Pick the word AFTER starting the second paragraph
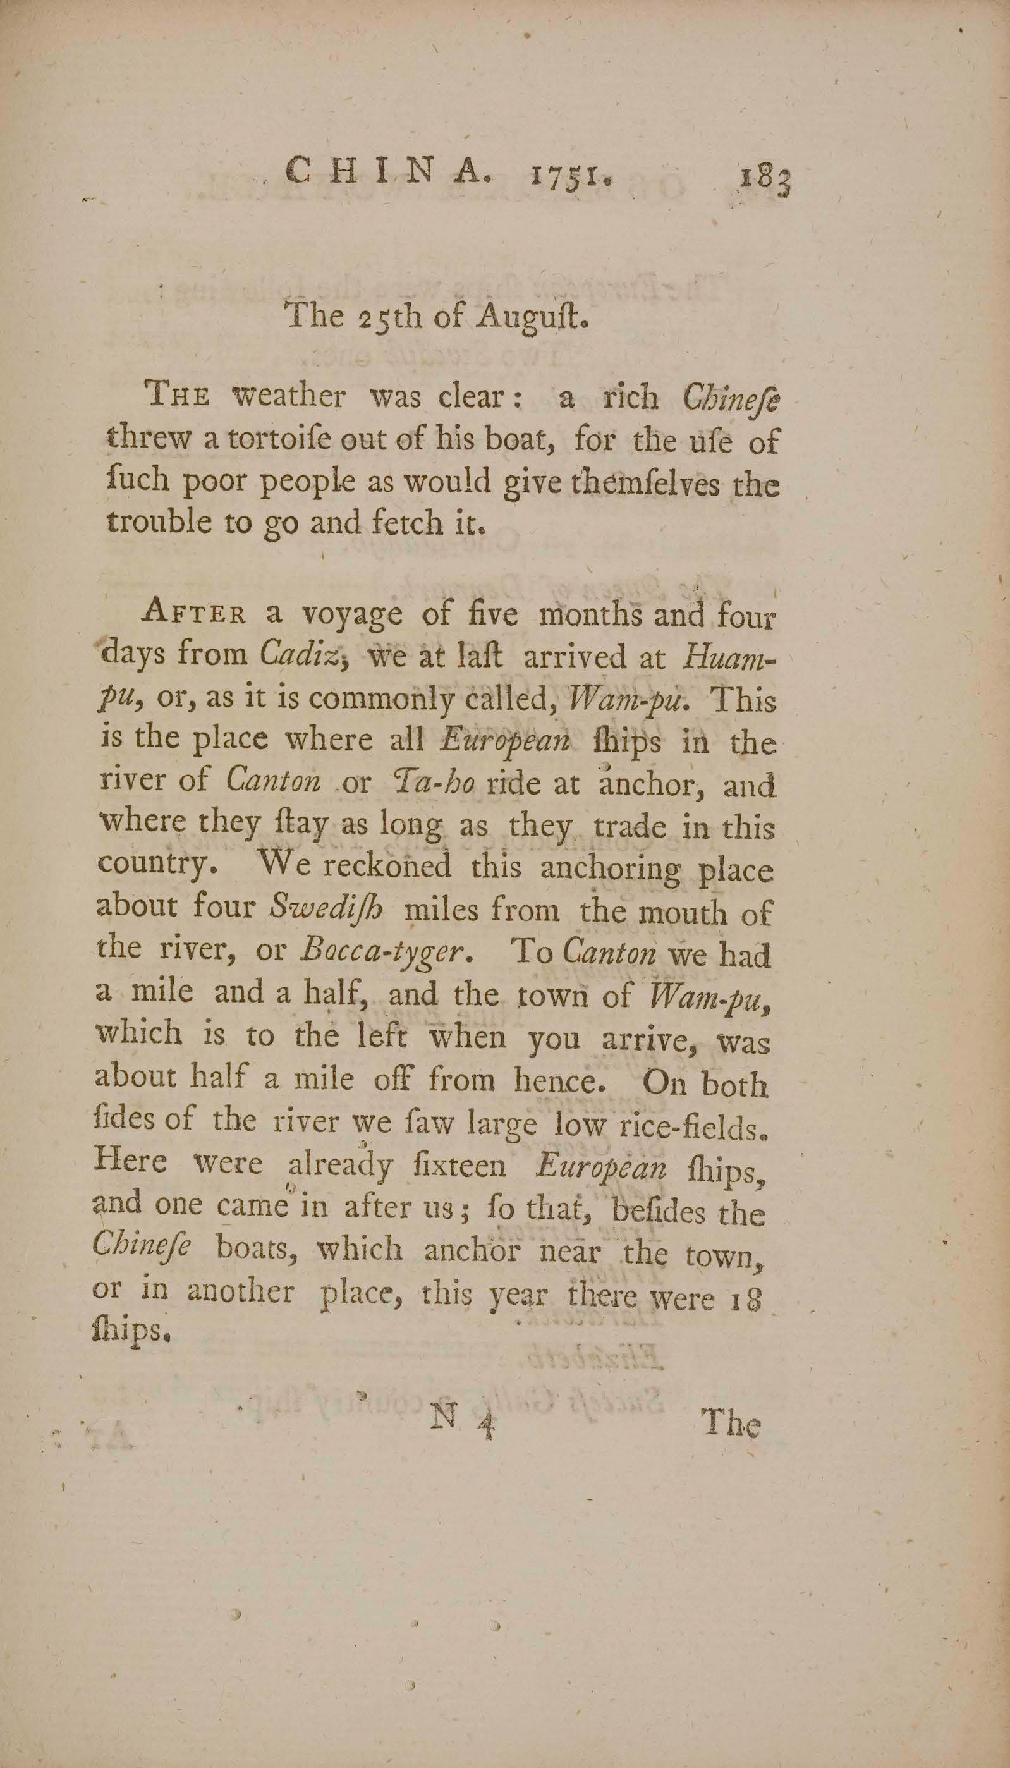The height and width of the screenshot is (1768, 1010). pyautogui.click(x=194, y=615)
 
